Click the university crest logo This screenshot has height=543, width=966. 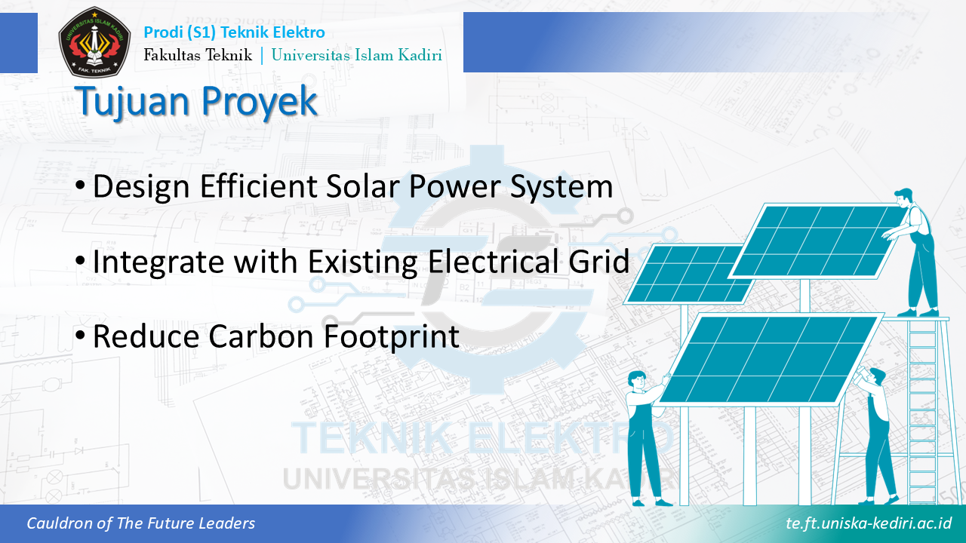pyautogui.click(x=94, y=41)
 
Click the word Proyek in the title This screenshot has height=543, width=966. pyautogui.click(x=259, y=102)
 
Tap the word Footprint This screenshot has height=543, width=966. pyautogui.click(x=392, y=337)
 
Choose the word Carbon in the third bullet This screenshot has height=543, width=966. pyautogui.click(x=261, y=336)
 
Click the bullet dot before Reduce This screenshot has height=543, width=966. pyautogui.click(x=80, y=336)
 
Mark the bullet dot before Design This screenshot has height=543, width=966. pyautogui.click(x=80, y=186)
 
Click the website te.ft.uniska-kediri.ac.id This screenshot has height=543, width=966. pyautogui.click(x=869, y=523)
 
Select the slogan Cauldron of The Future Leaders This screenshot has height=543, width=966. pyautogui.click(x=140, y=523)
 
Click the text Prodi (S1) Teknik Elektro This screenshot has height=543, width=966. pyautogui.click(x=234, y=32)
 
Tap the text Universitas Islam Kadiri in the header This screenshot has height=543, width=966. pyautogui.click(x=357, y=55)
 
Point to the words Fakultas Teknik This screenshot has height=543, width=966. pyautogui.click(x=198, y=55)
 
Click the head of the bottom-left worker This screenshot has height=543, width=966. pyautogui.click(x=636, y=380)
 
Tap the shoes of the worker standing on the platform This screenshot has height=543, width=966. pyautogui.click(x=918, y=312)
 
